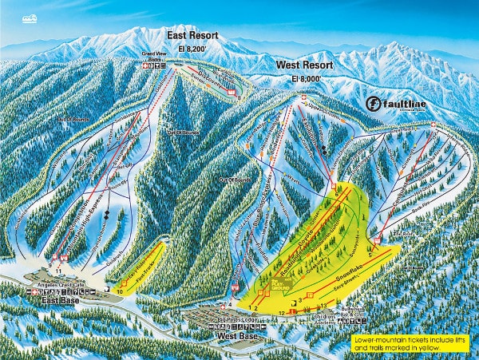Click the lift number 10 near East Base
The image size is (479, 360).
(x=120, y=293)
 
